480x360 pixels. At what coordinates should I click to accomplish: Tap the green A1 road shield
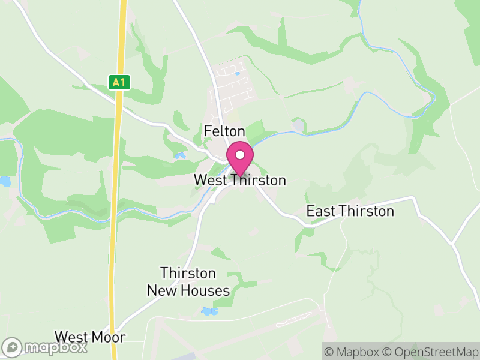(x=120, y=82)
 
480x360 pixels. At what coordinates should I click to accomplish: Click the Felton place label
(x=224, y=131)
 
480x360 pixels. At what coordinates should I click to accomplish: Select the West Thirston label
(x=240, y=180)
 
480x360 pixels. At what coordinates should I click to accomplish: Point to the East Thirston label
(x=350, y=211)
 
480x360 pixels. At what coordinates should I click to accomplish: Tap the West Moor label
(x=90, y=337)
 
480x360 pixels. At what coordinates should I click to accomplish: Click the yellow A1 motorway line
(x=116, y=180)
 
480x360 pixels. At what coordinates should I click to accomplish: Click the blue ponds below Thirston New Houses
(x=208, y=311)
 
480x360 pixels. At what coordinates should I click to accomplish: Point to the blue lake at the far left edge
(x=5, y=181)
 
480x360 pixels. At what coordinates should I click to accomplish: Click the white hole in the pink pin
(x=240, y=155)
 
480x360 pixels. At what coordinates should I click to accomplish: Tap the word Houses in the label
(x=208, y=291)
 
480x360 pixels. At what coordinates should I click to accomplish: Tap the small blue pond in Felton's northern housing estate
(x=238, y=74)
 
